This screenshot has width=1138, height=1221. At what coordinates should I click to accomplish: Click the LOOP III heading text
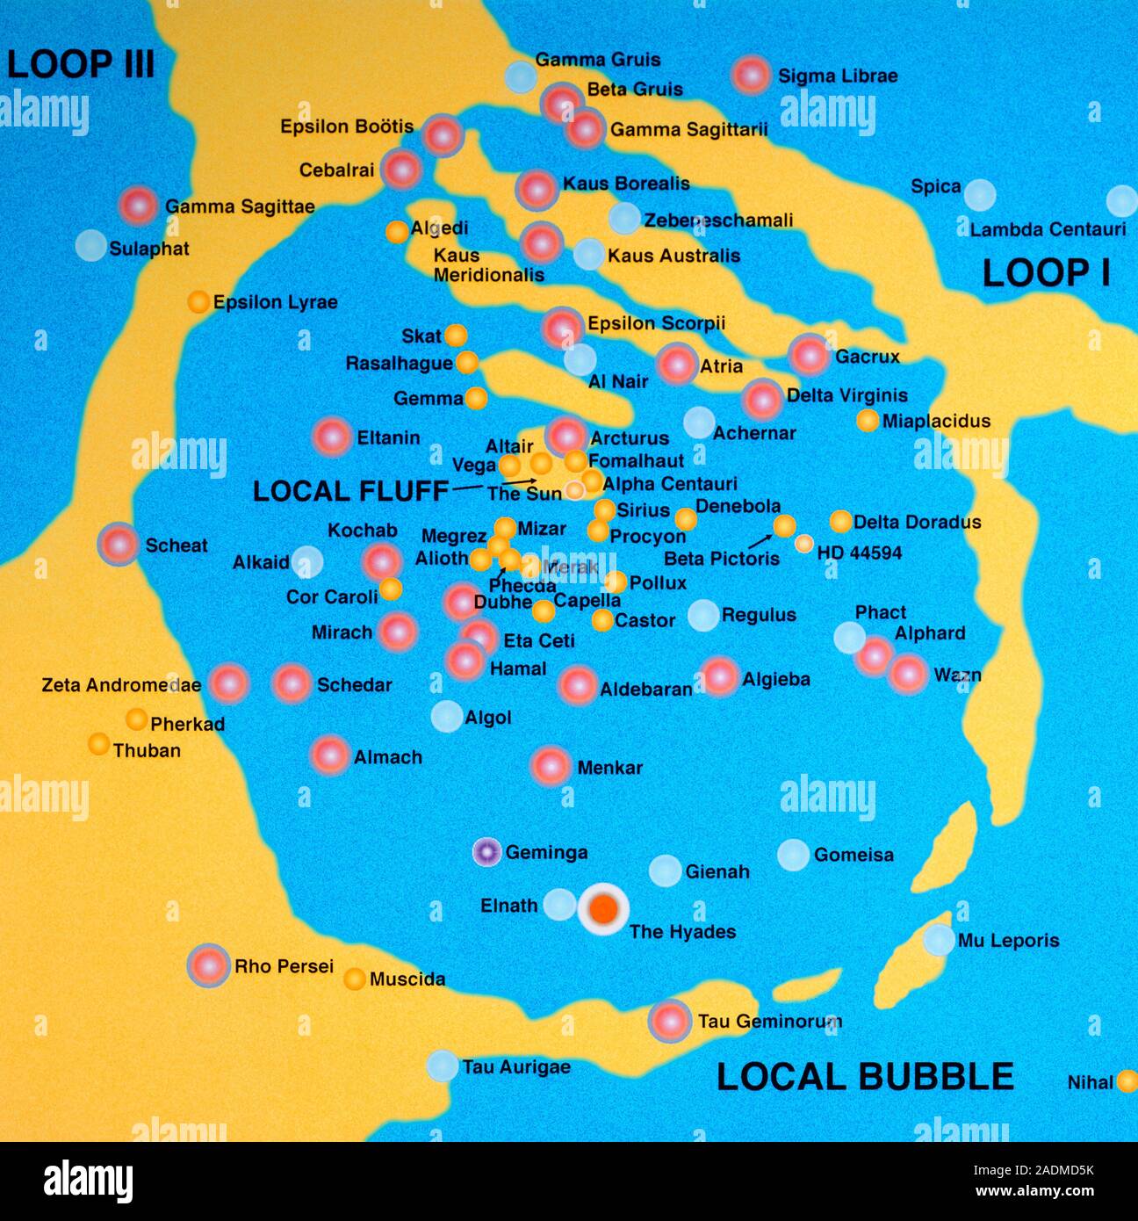point(81,64)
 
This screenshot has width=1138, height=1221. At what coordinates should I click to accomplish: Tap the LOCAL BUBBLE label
point(865,1077)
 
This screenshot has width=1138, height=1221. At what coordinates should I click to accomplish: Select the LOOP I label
point(1046,273)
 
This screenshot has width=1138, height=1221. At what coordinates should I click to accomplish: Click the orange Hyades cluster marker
point(603,909)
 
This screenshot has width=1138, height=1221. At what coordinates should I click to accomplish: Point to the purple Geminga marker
point(486,852)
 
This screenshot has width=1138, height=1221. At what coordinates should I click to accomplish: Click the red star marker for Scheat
point(119,545)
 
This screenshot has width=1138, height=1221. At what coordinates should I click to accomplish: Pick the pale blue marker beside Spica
point(980,195)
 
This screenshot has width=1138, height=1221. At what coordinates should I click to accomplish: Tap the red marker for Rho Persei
point(209,965)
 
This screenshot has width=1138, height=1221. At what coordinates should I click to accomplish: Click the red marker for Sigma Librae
point(752,76)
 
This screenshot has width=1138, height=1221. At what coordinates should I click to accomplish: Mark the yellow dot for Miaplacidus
point(868,421)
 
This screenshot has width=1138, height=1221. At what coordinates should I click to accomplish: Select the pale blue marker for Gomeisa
point(793,855)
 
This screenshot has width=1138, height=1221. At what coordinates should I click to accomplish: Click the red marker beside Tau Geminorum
point(669,1021)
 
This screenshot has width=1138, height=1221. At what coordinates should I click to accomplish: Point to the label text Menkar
point(609,768)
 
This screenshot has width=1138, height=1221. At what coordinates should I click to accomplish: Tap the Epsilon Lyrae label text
point(275,302)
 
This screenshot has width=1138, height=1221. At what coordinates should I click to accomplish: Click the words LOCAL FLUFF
point(350,491)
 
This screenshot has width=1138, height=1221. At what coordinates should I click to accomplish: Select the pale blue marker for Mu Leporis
point(939,940)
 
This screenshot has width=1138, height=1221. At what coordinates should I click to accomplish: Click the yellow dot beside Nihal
point(1127,1081)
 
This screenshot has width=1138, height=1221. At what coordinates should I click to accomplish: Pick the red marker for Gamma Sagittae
point(139,206)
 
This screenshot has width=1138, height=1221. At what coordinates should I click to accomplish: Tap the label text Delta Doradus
point(917,522)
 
